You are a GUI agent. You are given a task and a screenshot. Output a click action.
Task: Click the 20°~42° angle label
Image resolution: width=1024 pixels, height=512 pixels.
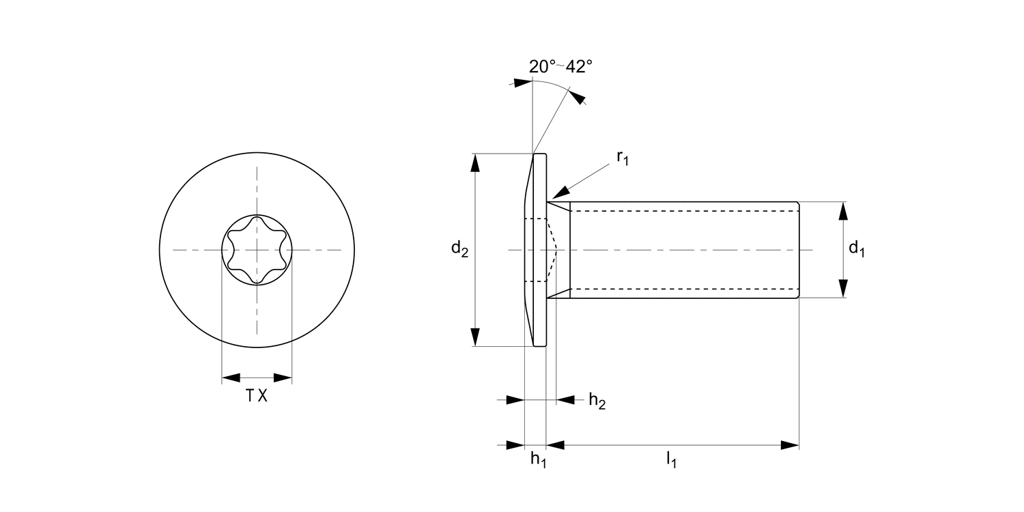[560, 66]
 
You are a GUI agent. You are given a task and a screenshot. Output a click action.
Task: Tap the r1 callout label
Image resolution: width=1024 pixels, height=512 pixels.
[622, 158]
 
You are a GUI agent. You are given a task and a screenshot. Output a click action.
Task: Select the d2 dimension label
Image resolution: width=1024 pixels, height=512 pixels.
[459, 250]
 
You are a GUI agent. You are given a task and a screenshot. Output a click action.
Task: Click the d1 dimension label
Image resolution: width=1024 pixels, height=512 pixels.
[857, 249]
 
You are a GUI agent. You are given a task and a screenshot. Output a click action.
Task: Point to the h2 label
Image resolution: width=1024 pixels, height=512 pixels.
[597, 401]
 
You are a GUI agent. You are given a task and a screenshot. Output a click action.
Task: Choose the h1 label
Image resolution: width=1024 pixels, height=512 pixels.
[539, 459]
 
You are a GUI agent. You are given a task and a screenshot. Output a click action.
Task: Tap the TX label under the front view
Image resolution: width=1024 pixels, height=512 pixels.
[257, 396]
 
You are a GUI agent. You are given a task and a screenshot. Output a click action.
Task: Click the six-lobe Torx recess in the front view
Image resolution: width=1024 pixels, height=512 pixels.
[257, 251]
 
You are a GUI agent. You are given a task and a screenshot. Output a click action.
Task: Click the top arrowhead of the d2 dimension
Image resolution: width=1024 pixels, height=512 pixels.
[475, 164]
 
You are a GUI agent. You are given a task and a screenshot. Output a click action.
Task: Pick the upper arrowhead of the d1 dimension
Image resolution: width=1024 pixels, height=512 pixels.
[844, 211]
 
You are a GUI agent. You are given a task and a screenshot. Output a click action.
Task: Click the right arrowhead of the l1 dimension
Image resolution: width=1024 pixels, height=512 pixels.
[790, 445]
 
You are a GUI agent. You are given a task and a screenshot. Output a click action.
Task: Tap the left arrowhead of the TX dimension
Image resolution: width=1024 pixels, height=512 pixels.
[231, 378]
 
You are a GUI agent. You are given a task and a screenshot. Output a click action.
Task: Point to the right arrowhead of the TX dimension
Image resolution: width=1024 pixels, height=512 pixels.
[283, 378]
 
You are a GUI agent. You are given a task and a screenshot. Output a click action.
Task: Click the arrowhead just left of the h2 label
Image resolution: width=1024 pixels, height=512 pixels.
[565, 400]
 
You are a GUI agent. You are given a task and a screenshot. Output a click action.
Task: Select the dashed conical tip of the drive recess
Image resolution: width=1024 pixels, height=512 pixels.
[555, 251]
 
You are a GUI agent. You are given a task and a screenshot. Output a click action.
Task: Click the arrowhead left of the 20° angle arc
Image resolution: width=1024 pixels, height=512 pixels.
[522, 83]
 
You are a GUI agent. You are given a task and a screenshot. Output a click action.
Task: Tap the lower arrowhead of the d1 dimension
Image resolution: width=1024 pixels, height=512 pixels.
[844, 289]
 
